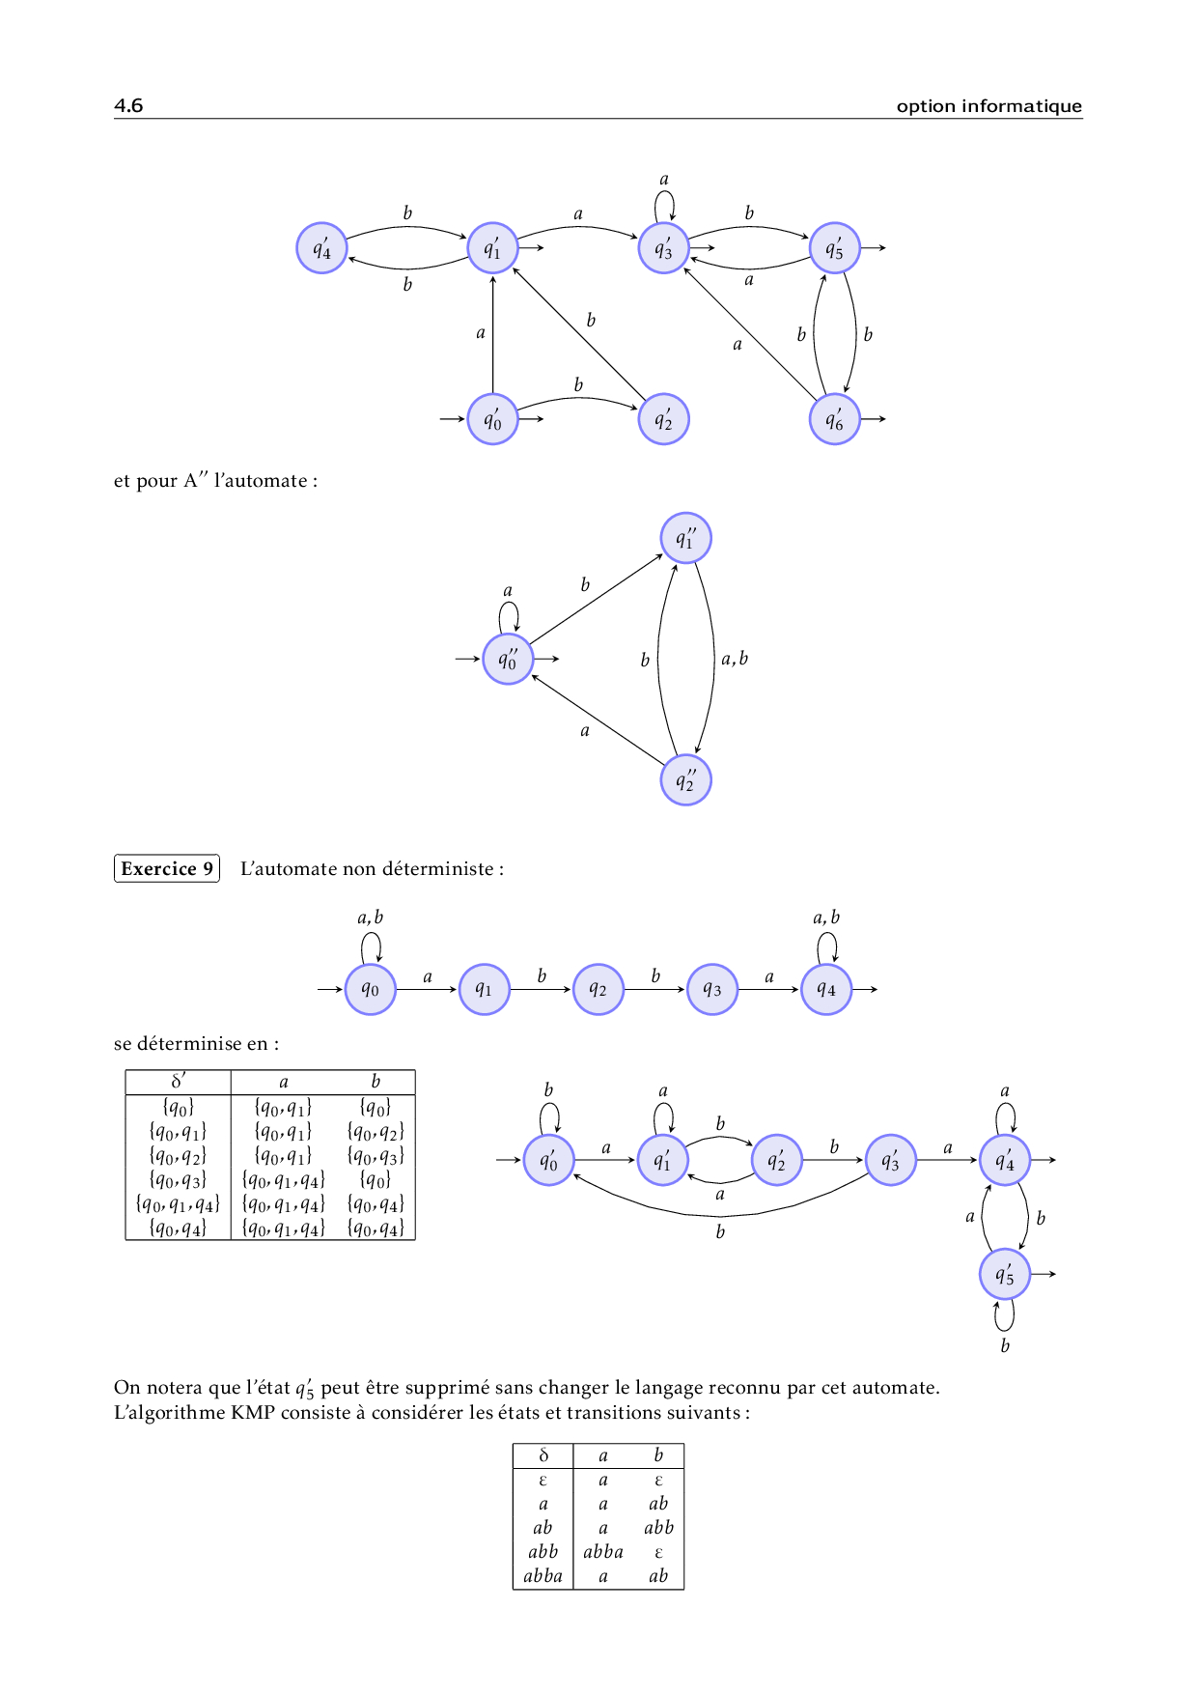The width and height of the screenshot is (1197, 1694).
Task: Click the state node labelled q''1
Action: tap(685, 539)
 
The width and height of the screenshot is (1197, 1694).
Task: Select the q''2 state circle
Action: tap(685, 780)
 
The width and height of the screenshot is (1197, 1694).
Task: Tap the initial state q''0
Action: tap(508, 660)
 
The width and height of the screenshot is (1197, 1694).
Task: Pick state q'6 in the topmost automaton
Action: tap(834, 419)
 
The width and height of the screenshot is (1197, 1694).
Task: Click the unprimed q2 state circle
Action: tap(598, 989)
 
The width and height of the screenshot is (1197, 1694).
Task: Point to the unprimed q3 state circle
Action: tap(711, 989)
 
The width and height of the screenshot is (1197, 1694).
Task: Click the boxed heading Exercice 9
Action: tap(167, 868)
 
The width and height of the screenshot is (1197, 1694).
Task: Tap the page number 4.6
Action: tap(128, 105)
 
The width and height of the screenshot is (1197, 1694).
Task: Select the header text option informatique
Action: tap(988, 106)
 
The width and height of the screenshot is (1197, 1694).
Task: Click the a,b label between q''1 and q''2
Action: tap(735, 659)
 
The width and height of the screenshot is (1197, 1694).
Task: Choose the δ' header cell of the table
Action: tap(179, 1081)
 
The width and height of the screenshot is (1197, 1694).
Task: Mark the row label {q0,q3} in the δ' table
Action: tap(179, 1179)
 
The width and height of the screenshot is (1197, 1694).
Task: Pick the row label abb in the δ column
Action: tap(543, 1551)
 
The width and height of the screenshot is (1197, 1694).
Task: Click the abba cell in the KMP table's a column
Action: tap(603, 1551)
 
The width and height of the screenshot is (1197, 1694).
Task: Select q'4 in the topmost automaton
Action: tap(321, 248)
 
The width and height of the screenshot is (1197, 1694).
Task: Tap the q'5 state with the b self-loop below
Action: tap(1005, 1275)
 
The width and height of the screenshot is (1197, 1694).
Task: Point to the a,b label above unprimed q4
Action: tap(826, 918)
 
